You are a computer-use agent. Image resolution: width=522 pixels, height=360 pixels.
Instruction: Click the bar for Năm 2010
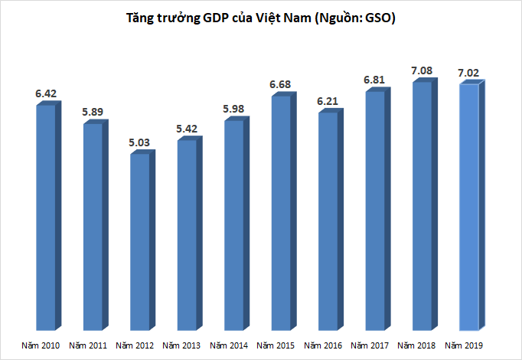tap(46, 218)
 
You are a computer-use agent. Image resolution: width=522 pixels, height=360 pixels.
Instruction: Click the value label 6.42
tap(46, 93)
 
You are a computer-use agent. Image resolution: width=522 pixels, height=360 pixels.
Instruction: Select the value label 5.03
tap(140, 142)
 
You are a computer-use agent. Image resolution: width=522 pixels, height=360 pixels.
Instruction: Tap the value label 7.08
tap(422, 70)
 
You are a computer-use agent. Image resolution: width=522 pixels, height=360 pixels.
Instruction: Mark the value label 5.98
tap(234, 109)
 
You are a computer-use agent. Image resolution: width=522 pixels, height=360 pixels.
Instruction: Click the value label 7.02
tap(469, 73)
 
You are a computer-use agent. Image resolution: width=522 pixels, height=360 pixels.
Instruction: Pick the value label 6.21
tap(328, 100)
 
